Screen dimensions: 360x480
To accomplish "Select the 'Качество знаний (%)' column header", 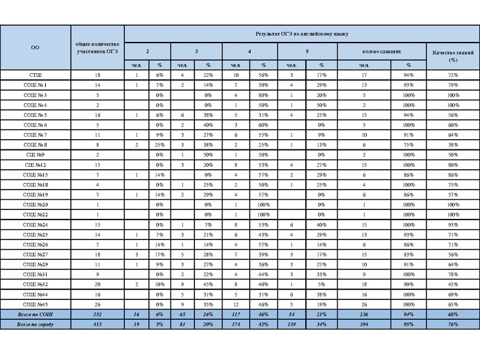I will (x=454, y=56).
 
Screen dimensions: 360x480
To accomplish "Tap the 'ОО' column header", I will (x=35, y=47).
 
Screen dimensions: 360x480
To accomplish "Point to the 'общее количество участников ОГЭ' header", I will (x=98, y=47).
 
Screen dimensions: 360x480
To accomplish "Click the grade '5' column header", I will (x=307, y=52).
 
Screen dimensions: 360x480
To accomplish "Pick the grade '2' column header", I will (x=148, y=52).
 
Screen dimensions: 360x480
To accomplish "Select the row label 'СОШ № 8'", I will (x=35, y=145).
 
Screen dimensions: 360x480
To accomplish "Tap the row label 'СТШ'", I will (x=35, y=74).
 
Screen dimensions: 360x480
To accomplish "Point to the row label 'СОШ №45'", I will (x=35, y=304).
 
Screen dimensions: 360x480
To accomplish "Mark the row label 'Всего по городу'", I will (x=35, y=324).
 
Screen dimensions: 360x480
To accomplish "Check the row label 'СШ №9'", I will (x=35, y=155).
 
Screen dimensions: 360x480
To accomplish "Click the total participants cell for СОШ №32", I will (x=98, y=284).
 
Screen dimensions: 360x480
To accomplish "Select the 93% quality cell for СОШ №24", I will (x=454, y=224).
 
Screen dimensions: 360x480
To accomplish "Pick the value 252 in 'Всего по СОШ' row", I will (x=98, y=314).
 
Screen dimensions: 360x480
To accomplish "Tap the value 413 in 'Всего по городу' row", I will (x=98, y=324).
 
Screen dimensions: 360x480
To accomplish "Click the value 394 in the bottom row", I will (x=364, y=324).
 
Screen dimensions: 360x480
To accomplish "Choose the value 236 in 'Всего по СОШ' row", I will (x=364, y=314).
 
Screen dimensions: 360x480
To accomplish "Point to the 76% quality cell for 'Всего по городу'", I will (x=454, y=324).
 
